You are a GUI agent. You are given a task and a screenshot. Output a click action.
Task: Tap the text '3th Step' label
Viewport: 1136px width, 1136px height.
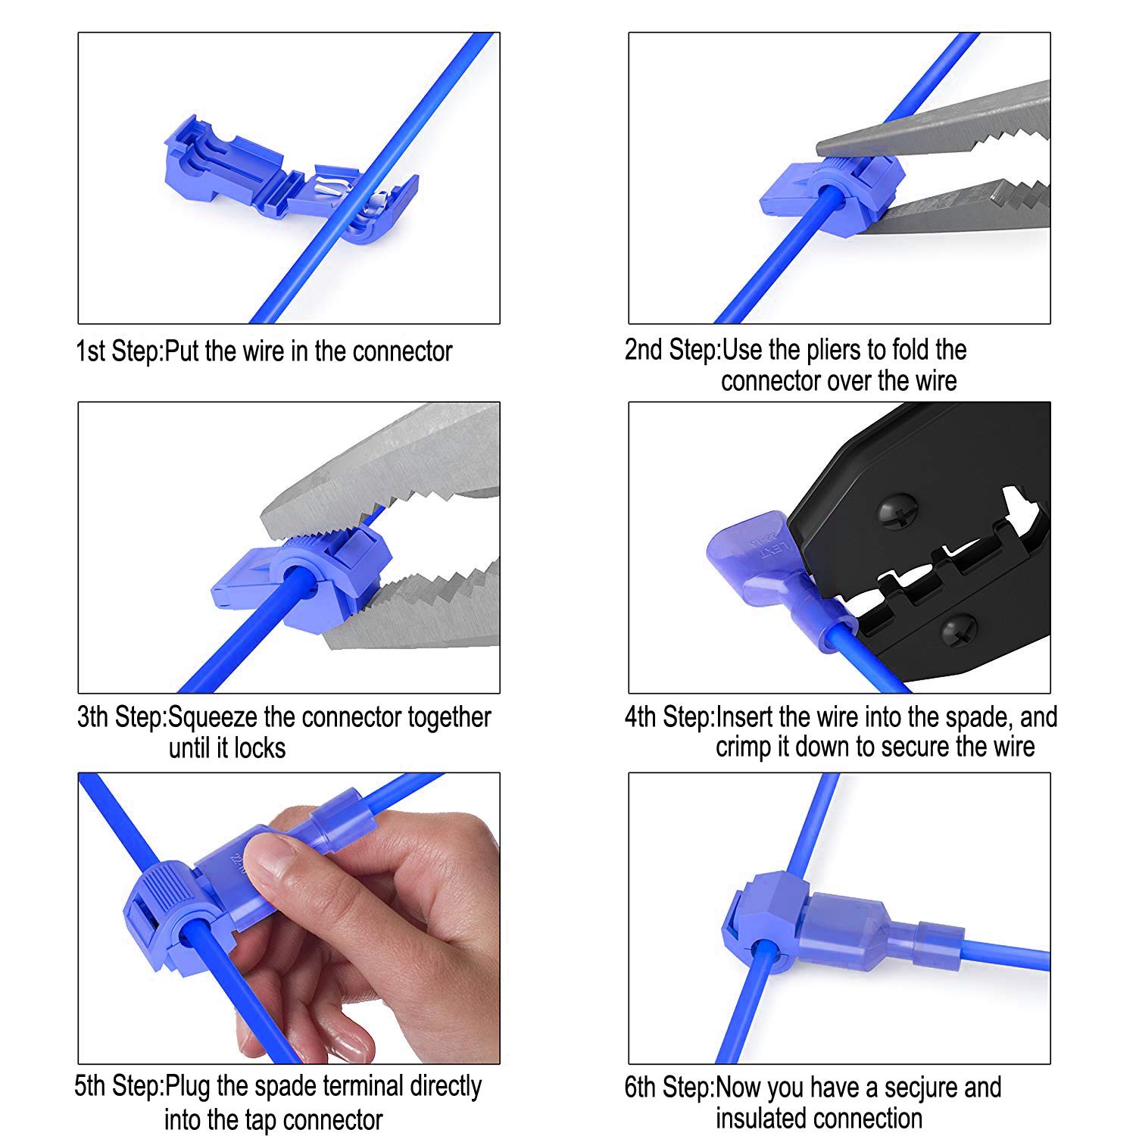(121, 718)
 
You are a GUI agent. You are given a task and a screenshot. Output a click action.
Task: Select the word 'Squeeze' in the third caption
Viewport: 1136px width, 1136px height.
(215, 718)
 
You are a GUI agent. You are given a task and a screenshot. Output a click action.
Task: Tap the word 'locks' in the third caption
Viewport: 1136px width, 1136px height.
(260, 748)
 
